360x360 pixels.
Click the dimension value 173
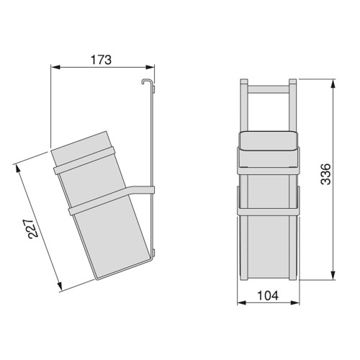(101, 60)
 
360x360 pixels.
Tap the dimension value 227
(33, 228)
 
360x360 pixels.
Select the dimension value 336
(325, 174)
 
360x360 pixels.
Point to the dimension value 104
(268, 296)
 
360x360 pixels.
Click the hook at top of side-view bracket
(145, 81)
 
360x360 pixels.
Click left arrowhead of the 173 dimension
(55, 67)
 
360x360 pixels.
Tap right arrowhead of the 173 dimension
(150, 67)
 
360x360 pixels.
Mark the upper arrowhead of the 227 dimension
(17, 168)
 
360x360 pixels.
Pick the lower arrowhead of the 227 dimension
(59, 286)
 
